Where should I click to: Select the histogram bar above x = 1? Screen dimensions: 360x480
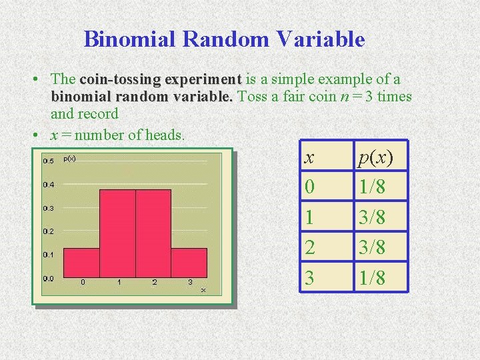[117, 233]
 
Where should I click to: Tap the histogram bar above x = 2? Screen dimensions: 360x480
[153, 233]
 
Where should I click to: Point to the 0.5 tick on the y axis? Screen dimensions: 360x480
[49, 161]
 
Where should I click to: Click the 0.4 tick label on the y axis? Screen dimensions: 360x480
[49, 185]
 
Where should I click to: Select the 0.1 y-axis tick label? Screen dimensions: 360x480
[49, 255]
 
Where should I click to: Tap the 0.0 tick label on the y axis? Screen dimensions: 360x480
[49, 279]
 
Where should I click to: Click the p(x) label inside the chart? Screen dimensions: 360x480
[69, 159]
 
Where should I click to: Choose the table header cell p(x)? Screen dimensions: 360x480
[375, 157]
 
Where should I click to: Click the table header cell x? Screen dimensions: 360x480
[309, 157]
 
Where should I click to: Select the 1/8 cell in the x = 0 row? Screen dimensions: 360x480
[371, 187]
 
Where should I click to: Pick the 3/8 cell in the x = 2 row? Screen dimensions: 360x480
[371, 248]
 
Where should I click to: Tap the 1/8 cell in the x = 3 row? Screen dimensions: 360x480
[371, 278]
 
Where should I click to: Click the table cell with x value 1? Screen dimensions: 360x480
[309, 218]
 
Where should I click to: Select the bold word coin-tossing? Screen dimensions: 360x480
[120, 80]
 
